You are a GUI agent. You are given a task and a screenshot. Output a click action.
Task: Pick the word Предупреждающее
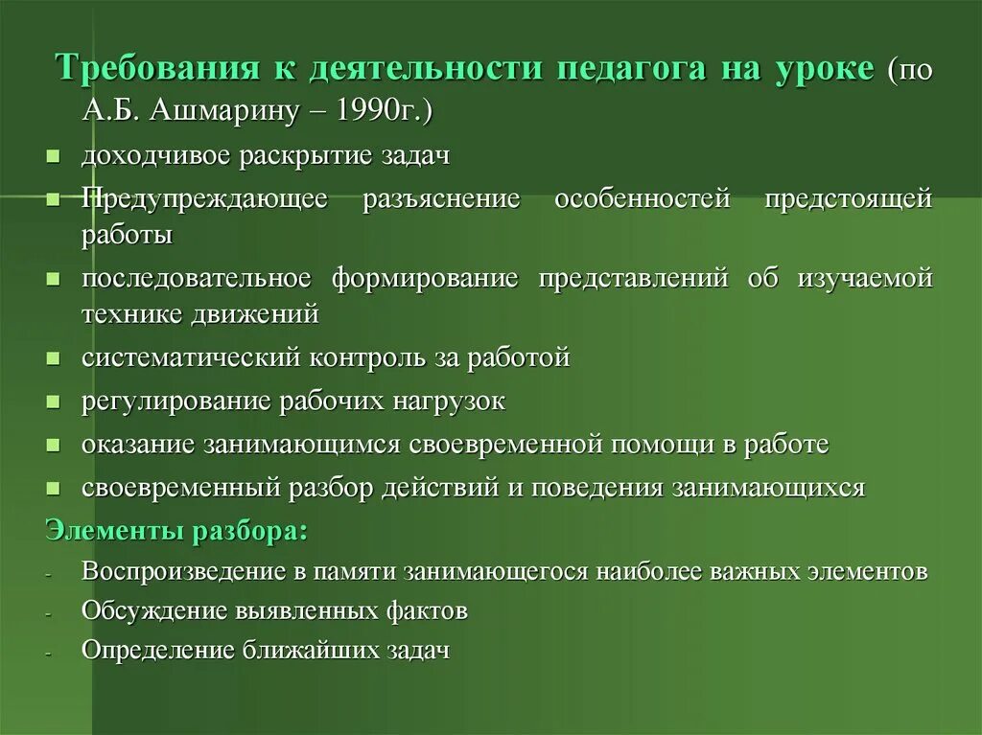[204, 199]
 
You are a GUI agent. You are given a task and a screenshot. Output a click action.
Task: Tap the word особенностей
[643, 199]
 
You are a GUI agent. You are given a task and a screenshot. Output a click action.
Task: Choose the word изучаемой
[864, 279]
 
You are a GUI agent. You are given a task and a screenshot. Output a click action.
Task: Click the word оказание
[136, 445]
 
